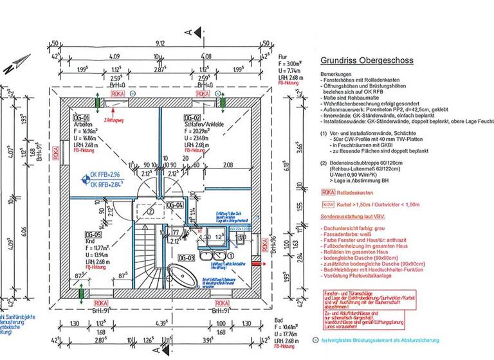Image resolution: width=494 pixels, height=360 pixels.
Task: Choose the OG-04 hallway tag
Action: (175, 205)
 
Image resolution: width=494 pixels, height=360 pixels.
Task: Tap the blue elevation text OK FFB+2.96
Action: (107, 175)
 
